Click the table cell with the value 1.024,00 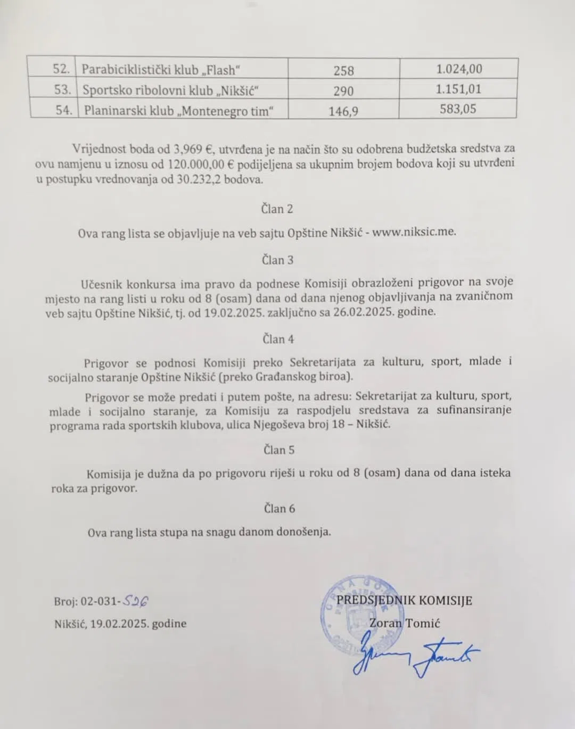click(x=459, y=69)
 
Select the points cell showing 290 click(x=343, y=91)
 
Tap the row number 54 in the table click(x=63, y=110)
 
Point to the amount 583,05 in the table click(x=458, y=109)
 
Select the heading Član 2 click(x=277, y=209)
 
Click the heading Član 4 click(x=278, y=339)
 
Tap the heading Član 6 click(x=279, y=509)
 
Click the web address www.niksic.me click(x=414, y=232)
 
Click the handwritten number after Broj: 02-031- click(x=136, y=601)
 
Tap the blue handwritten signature click(x=415, y=655)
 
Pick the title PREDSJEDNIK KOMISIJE click(x=404, y=601)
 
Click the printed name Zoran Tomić click(x=405, y=623)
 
